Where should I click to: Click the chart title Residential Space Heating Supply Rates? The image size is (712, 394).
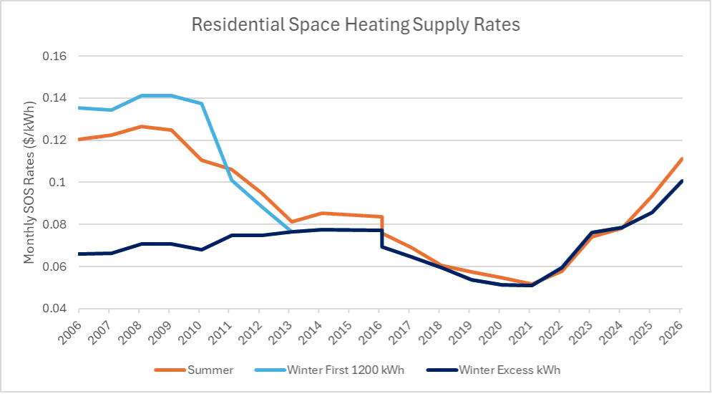[355, 24]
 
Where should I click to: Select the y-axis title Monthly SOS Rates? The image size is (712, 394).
[29, 182]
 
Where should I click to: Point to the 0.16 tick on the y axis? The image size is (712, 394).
[55, 56]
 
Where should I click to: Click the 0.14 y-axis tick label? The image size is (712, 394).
[55, 98]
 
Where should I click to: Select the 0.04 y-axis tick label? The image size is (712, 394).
[55, 309]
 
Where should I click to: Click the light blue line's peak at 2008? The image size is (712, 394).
[141, 95]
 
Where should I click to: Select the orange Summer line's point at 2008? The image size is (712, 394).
[141, 126]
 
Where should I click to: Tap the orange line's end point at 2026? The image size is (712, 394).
[683, 158]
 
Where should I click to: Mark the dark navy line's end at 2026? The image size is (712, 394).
[683, 181]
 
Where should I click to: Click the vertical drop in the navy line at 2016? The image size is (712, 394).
[382, 239]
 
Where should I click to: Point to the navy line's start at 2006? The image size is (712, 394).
[79, 254]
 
